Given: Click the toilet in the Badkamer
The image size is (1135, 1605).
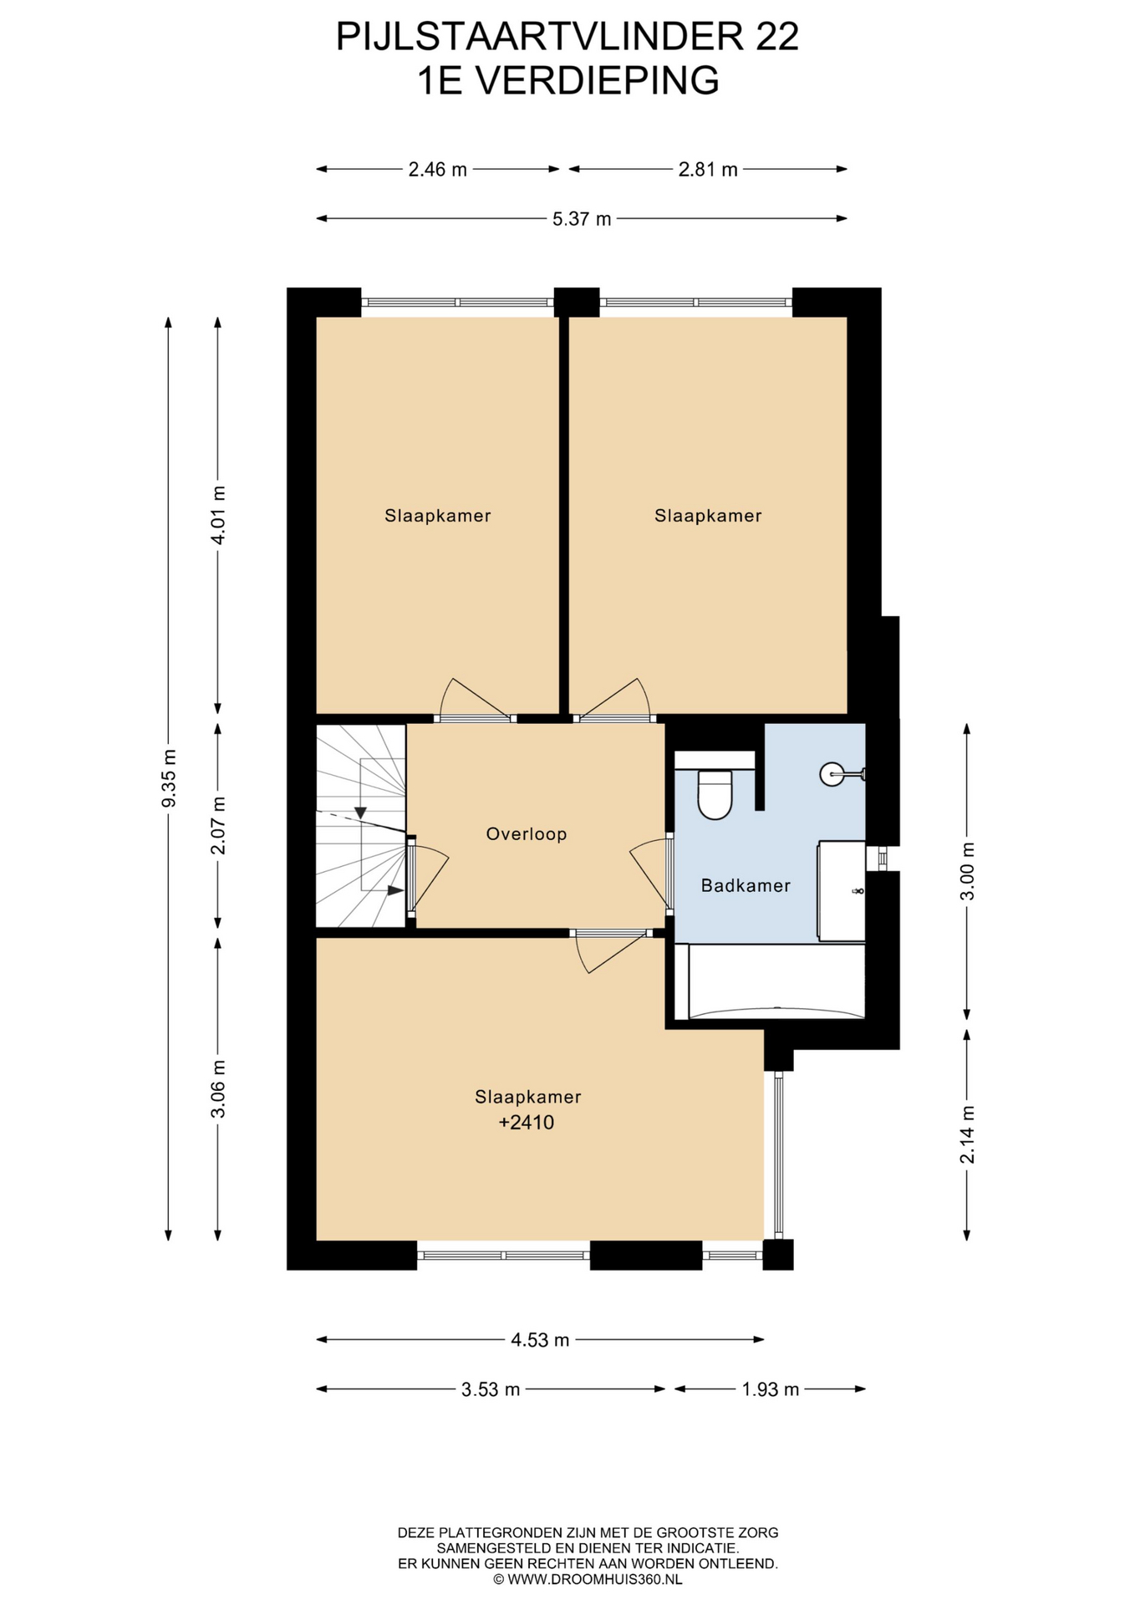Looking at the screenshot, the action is (715, 794).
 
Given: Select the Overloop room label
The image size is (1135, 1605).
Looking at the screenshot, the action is (527, 833).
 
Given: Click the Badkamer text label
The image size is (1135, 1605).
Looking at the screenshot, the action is (746, 885).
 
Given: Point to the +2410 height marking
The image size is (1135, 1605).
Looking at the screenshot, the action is (527, 1122).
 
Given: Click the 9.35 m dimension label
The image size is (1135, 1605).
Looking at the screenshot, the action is (169, 777).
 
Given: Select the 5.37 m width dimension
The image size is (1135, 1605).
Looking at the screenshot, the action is (582, 219).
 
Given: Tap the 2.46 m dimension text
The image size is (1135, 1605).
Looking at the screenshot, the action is (437, 170).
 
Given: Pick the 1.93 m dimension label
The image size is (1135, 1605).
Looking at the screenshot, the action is (771, 1389).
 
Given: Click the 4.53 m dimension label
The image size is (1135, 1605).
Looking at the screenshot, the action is (540, 1340).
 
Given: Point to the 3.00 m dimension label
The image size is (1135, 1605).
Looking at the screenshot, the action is (968, 871).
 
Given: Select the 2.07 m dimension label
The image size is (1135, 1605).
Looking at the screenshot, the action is (218, 825).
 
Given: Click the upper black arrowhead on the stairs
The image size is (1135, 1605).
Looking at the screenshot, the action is (360, 813).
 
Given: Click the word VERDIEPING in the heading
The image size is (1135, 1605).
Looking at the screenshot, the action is (596, 81).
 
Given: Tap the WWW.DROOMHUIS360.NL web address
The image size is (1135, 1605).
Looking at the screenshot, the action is (595, 1579).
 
